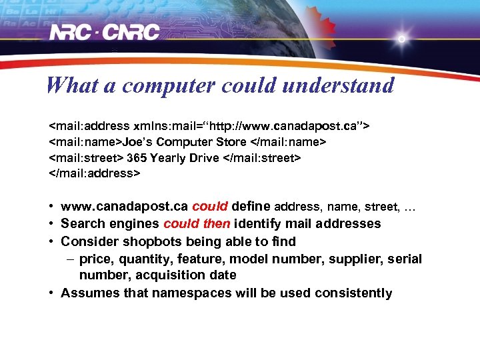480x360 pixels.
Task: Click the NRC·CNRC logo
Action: [x=105, y=32]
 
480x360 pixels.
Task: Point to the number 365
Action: [x=137, y=158]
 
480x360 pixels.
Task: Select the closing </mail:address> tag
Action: [x=95, y=174]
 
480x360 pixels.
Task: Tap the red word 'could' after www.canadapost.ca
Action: [x=210, y=207]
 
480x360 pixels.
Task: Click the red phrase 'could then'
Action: [x=197, y=224]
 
